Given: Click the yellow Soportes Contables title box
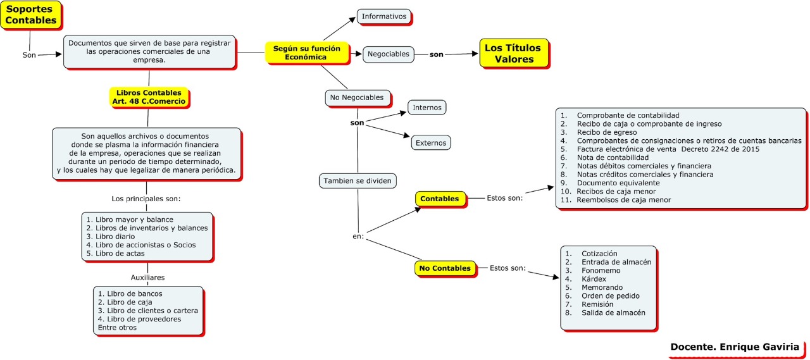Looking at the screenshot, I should tap(31, 15).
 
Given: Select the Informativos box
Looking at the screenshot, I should tap(384, 16).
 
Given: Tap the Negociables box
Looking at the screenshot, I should tap(389, 54).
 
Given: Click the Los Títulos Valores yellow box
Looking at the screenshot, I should tap(513, 54).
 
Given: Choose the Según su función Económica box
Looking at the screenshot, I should tap(306, 53).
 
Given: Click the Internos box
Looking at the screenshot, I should tap(427, 108).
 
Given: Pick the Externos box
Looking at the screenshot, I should tap(431, 143).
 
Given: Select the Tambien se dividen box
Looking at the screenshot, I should tap(358, 181).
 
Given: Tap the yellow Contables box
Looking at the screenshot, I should tap(440, 199).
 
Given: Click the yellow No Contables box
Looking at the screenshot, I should tap(445, 268).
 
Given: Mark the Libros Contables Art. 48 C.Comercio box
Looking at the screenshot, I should tap(148, 97).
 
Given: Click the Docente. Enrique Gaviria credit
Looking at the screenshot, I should tap(734, 347).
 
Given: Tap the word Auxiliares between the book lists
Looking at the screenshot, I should tap(148, 277).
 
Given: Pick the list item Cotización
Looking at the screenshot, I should tap(599, 254).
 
